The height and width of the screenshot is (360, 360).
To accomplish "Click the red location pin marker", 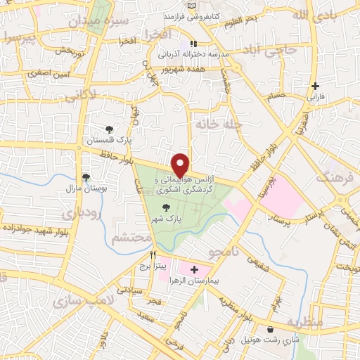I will pos(181,165).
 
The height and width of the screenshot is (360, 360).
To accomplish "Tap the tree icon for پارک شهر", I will pos(167,207).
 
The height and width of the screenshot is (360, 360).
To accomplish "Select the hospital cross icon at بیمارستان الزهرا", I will pos(195,269).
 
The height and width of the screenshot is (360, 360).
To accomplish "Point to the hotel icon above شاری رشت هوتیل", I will pos(271,329).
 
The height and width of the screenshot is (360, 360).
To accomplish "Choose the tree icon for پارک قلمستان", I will pos(109,129).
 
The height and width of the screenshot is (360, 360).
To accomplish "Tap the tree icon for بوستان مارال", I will pos(86,177).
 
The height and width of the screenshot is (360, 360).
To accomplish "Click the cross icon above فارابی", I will pos(315,86).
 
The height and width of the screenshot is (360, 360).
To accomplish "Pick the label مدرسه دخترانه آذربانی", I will pos(191,54).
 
